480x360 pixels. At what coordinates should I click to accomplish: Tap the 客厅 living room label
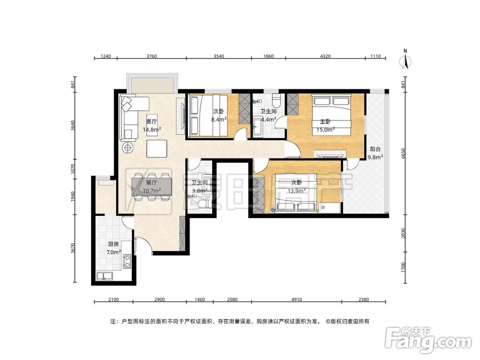click(152, 121)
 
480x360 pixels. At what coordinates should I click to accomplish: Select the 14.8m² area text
click(152, 130)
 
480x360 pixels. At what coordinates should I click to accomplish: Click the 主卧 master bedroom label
click(325, 121)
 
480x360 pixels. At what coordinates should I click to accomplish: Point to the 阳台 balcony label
click(375, 149)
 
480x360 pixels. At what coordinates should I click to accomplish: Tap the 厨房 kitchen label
click(113, 244)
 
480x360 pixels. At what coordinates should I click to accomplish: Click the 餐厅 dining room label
click(152, 183)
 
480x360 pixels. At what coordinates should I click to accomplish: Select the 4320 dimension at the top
click(325, 56)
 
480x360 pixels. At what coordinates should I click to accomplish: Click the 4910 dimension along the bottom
click(296, 300)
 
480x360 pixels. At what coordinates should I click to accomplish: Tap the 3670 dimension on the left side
click(72, 249)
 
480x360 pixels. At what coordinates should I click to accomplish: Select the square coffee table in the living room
click(157, 148)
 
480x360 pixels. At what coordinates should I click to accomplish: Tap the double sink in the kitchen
click(105, 276)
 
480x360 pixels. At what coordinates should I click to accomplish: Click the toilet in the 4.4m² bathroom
click(276, 100)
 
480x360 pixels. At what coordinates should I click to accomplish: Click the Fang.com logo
click(428, 339)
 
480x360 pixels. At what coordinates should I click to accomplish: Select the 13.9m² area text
click(297, 191)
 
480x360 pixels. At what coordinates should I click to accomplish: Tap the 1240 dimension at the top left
click(106, 56)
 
